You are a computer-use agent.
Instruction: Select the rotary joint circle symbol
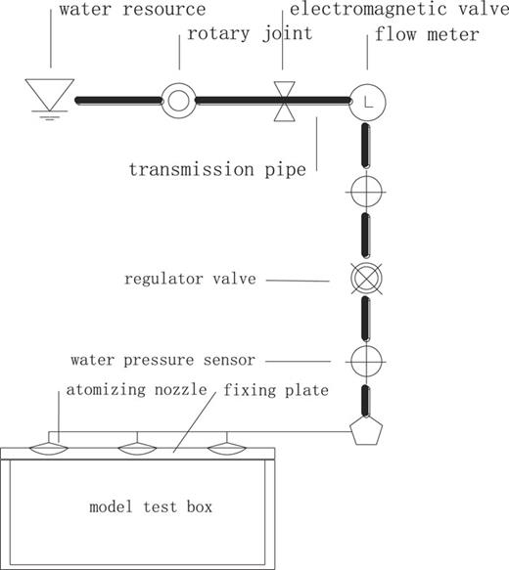coord(179,100)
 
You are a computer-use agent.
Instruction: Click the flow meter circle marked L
coord(367,100)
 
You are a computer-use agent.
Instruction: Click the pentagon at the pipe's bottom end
coord(366,429)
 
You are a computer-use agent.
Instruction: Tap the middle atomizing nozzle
coord(138,447)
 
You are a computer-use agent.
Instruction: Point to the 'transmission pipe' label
coord(217,168)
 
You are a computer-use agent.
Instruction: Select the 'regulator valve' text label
coord(190,279)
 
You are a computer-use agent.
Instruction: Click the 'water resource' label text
coord(132,10)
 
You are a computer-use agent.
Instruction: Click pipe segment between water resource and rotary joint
coord(117,100)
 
